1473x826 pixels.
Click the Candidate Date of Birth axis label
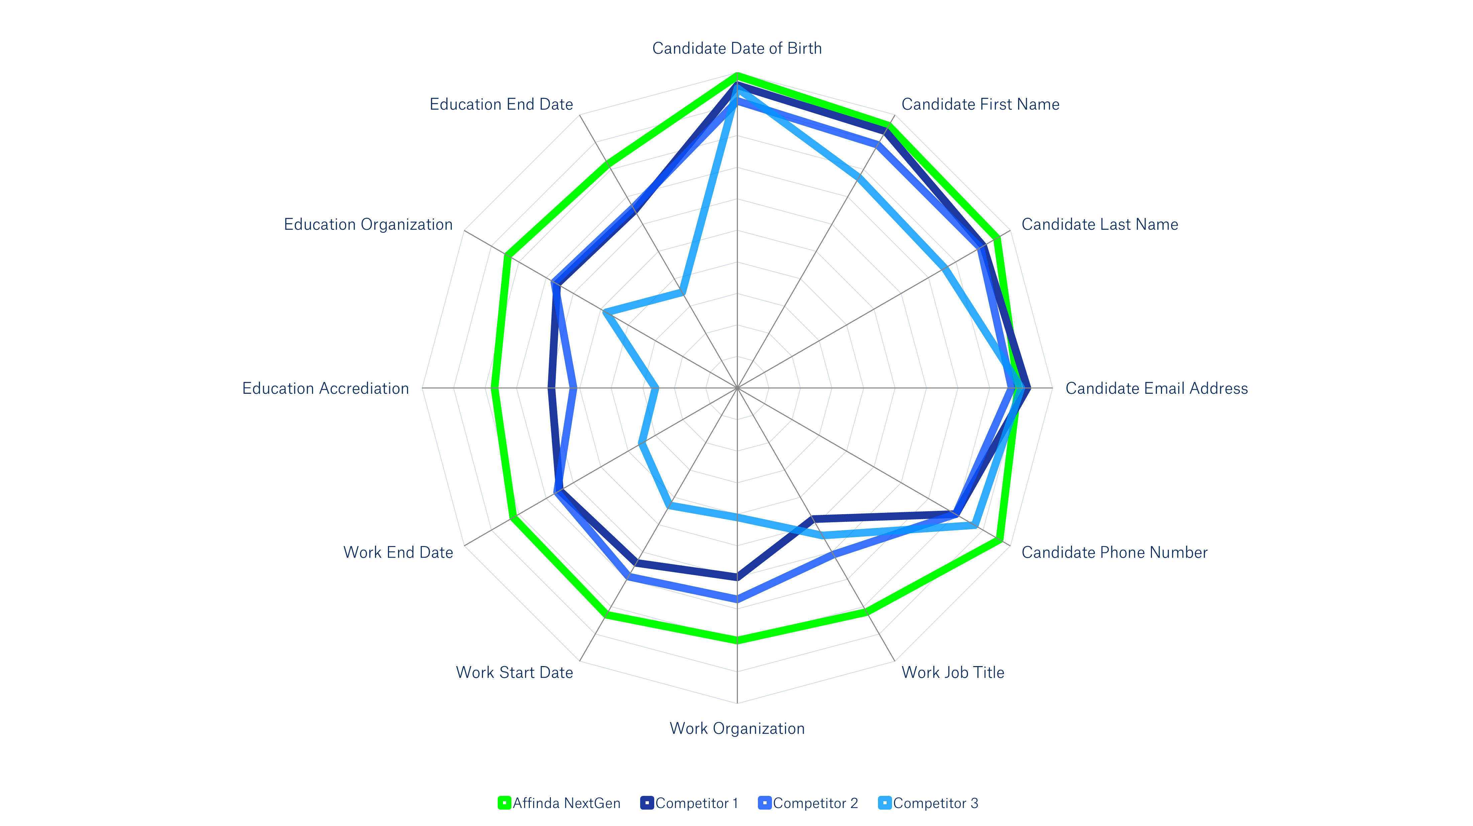pyautogui.click(x=737, y=49)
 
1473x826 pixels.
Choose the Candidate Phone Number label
pyautogui.click(x=1114, y=553)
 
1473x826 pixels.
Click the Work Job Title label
pyautogui.click(x=953, y=673)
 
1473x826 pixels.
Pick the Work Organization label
pyautogui.click(x=737, y=729)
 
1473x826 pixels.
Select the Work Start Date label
pyautogui.click(x=514, y=673)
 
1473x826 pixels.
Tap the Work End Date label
pyautogui.click(x=398, y=553)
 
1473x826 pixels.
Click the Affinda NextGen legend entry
pyautogui.click(x=559, y=803)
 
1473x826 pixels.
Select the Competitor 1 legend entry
pyautogui.click(x=690, y=803)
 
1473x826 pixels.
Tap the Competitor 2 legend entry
pyautogui.click(x=808, y=803)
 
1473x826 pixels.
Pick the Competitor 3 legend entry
pyautogui.click(x=928, y=803)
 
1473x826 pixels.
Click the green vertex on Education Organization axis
pyautogui.click(x=507, y=256)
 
